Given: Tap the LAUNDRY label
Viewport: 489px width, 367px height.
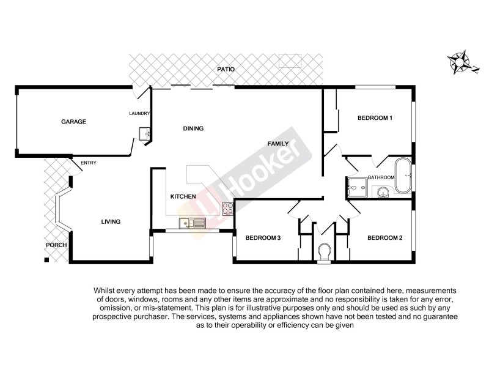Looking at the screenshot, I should pos(139,114).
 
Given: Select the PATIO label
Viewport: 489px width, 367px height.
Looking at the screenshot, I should pos(226,70).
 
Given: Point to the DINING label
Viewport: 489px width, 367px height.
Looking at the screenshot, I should pos(193,128).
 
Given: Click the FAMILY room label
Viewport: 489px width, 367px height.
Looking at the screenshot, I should pos(278,143).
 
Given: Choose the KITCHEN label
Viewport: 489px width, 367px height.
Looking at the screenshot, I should pos(183,196).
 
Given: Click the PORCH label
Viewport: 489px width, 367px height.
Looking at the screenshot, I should pos(56,245).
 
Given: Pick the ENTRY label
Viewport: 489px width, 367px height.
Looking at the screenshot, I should pos(88,163).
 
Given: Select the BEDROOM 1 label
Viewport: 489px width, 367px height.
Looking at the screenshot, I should pos(374,118).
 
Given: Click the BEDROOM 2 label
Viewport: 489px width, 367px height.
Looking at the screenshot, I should pos(384,238).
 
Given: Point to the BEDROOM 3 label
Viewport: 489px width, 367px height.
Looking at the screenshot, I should pos(263,238).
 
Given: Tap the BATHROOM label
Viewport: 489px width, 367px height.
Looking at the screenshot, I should pos(381,177).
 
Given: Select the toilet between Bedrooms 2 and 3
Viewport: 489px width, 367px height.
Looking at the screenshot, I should pos(325,251).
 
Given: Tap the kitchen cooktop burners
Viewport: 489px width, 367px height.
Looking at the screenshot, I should pos(227,208).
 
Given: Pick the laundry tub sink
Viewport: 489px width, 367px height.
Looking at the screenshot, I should pos(145,133).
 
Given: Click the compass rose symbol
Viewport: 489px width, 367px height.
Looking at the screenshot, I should pos(460,62).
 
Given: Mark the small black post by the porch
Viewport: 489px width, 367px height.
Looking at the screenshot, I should pos(46,261).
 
